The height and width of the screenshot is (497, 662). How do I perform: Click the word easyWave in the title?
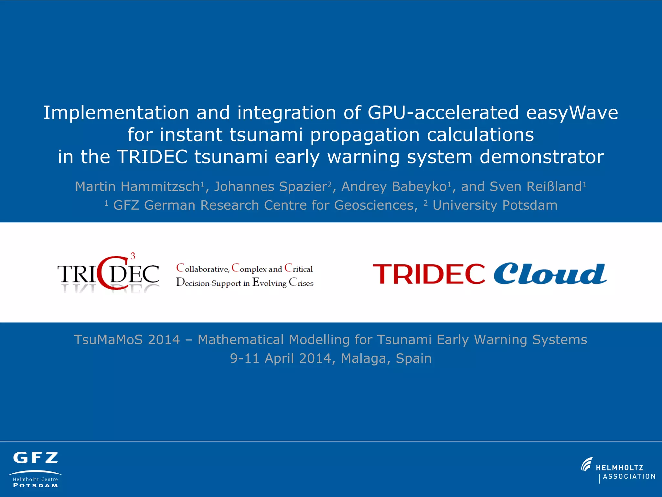pos(572,113)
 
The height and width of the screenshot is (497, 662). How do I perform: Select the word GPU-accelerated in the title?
pos(443,113)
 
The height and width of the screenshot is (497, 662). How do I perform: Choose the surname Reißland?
pos(554,187)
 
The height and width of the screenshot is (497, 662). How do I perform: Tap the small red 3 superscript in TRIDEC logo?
pos(133,256)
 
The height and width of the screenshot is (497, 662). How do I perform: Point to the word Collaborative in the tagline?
pos(203,269)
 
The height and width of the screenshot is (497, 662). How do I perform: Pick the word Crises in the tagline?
pos(301,283)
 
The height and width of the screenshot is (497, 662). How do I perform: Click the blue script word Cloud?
pos(550,274)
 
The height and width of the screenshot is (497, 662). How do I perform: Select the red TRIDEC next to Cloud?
pos(429,274)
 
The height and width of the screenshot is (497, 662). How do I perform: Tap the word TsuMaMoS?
pos(109,340)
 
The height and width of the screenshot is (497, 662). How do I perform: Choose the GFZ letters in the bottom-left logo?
pos(36,458)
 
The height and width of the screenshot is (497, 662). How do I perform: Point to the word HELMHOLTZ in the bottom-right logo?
pos(619,468)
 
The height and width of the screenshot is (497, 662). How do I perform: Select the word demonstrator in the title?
pos(542,157)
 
